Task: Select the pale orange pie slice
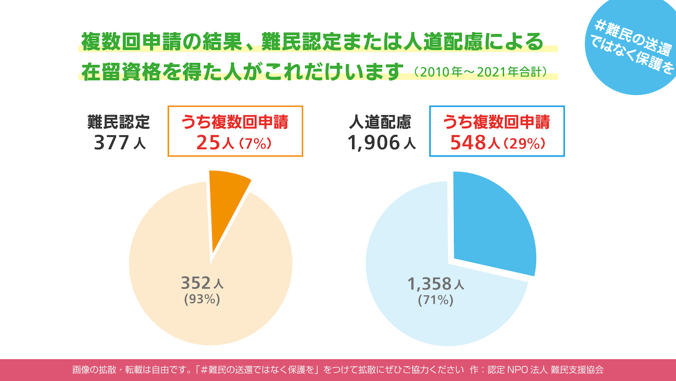(183, 238)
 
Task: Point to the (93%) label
(202, 299)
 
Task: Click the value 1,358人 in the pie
(435, 284)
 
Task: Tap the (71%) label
(435, 300)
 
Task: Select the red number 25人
(215, 143)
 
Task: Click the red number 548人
(475, 143)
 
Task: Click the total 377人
(119, 143)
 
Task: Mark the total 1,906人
(381, 143)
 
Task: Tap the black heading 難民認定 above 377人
(119, 122)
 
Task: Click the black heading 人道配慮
(380, 122)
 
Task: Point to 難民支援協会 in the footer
(577, 370)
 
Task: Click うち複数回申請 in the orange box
(235, 122)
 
